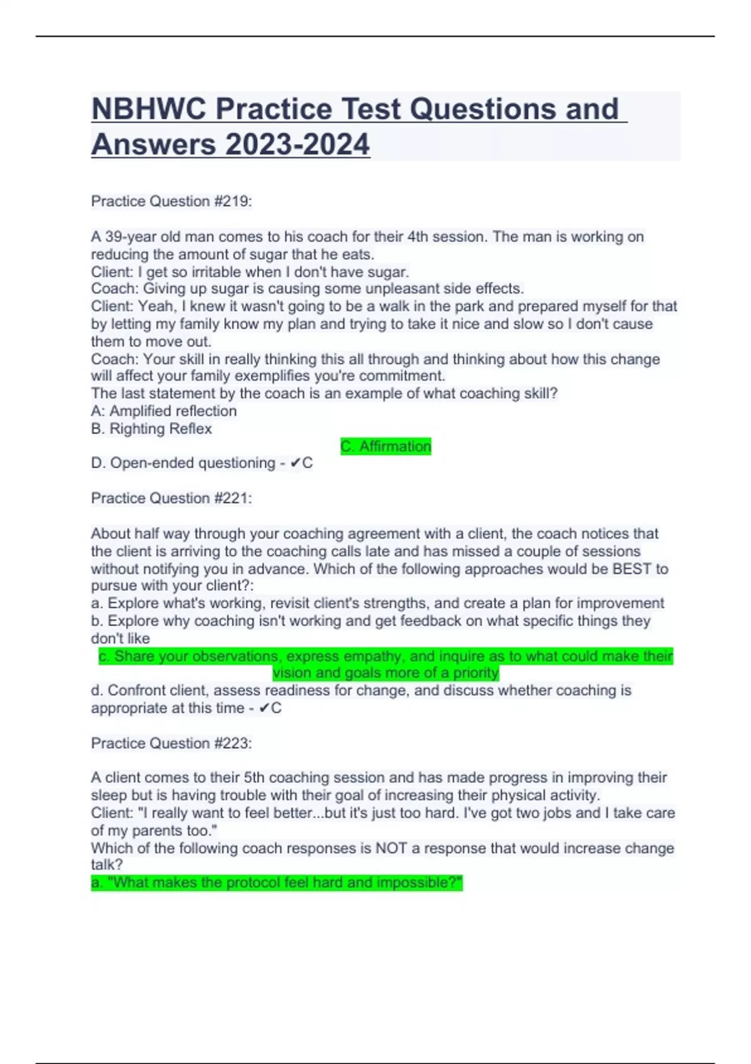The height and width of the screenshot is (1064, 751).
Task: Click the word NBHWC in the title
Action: pos(148,109)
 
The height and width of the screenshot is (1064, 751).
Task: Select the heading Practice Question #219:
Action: pos(171,202)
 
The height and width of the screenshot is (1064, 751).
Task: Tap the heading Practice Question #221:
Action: pos(171,498)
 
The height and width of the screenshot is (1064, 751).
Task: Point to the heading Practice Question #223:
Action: pos(171,744)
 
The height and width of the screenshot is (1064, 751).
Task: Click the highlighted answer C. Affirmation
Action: pos(386,446)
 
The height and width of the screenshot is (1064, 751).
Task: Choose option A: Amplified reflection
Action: pos(164,411)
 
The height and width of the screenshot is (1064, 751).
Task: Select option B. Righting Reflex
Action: pos(151,429)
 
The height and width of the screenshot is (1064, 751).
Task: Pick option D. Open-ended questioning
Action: pos(183,463)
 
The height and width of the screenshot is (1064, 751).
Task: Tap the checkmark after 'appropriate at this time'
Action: pos(264,708)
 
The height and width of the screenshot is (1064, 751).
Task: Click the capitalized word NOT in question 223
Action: pos(390,849)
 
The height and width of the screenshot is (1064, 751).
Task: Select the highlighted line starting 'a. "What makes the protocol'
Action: pos(277,883)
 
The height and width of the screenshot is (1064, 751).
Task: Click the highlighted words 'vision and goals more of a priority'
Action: pos(386,673)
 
